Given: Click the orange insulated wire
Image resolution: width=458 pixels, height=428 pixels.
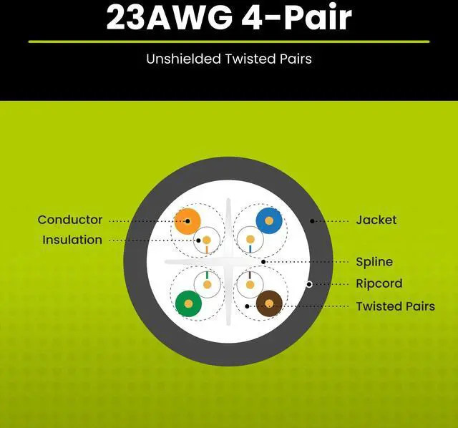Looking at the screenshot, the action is pyautogui.click(x=187, y=220).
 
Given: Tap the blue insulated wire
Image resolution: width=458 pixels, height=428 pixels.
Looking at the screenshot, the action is pyautogui.click(x=269, y=220).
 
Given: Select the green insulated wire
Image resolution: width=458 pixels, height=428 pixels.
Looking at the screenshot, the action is pyautogui.click(x=187, y=303).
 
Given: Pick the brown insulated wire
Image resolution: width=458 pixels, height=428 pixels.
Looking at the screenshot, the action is pyautogui.click(x=269, y=303).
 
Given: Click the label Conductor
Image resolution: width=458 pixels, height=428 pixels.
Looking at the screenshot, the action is pyautogui.click(x=70, y=220).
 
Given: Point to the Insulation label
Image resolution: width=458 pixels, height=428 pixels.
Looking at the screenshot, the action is pyautogui.click(x=72, y=240).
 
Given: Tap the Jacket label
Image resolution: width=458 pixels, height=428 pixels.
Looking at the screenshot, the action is pyautogui.click(x=376, y=220).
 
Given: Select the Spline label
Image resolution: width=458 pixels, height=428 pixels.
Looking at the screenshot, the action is pyautogui.click(x=374, y=262).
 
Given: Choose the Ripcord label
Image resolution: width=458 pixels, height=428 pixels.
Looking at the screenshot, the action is pyautogui.click(x=379, y=283).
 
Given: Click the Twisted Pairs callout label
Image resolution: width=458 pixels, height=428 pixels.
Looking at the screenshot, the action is pyautogui.click(x=395, y=306).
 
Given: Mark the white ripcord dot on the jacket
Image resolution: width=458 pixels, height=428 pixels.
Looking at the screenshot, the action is pyautogui.click(x=309, y=284).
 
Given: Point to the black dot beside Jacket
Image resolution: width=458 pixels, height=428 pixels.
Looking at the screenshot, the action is pyautogui.click(x=311, y=220).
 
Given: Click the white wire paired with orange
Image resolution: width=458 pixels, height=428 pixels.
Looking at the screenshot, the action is pyautogui.click(x=208, y=239).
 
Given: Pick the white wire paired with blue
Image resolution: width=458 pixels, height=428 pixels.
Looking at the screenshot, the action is pyautogui.click(x=249, y=239).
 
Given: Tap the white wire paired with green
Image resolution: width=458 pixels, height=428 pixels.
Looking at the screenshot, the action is pyautogui.click(x=208, y=285).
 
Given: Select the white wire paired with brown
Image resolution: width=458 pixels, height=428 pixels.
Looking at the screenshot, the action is pyautogui.click(x=249, y=285).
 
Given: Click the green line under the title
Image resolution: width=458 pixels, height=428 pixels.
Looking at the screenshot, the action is pyautogui.click(x=229, y=42).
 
